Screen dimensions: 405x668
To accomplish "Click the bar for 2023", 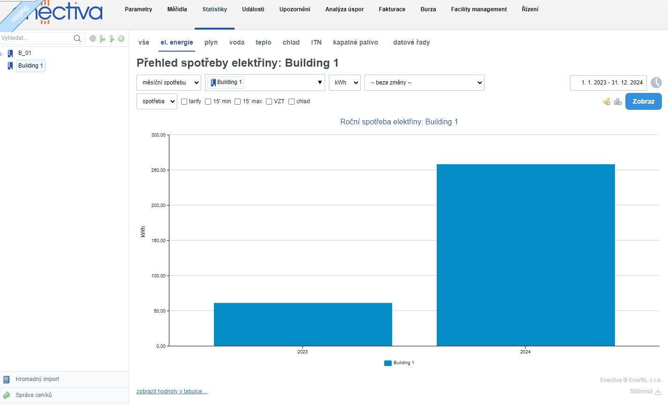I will click(x=303, y=324).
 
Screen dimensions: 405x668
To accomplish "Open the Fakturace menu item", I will click(x=392, y=9).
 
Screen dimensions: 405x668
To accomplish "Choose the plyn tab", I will click(x=211, y=42).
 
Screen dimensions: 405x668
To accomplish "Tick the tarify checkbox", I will click(x=184, y=101).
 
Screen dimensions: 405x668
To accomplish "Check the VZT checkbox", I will click(x=269, y=101).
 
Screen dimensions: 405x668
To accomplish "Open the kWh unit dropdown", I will click(x=344, y=83).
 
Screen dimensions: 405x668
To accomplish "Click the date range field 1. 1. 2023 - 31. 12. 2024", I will click(x=608, y=83).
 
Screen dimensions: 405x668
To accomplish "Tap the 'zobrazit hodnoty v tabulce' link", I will click(x=172, y=391).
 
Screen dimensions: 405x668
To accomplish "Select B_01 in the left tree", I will click(x=25, y=53).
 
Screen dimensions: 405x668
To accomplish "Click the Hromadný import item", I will click(x=37, y=379).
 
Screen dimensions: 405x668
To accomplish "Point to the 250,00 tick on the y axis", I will click(x=158, y=170).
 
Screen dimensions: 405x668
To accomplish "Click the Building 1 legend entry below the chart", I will click(x=399, y=363).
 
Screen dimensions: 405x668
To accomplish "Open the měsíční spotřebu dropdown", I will click(x=169, y=83).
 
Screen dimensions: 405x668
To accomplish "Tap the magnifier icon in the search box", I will click(x=77, y=38).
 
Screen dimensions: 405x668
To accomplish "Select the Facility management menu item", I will click(x=478, y=9).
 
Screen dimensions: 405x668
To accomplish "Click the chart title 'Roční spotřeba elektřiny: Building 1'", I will click(x=399, y=122).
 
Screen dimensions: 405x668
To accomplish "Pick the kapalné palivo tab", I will click(x=355, y=42).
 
